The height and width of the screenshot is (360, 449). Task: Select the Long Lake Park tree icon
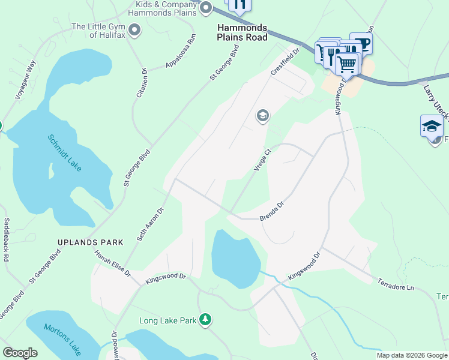point(206,319)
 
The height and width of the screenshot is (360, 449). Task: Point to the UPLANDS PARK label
point(90,242)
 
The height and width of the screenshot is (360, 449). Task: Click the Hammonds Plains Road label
point(243,32)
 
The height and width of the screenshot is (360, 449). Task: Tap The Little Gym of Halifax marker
point(134,29)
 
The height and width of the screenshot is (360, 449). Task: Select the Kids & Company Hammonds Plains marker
point(206,8)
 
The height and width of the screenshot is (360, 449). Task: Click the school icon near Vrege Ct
point(262,116)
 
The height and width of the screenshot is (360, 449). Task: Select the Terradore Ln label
point(396,284)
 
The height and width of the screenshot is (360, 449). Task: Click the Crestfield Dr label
point(285,62)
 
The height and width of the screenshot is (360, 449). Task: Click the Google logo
point(20,353)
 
